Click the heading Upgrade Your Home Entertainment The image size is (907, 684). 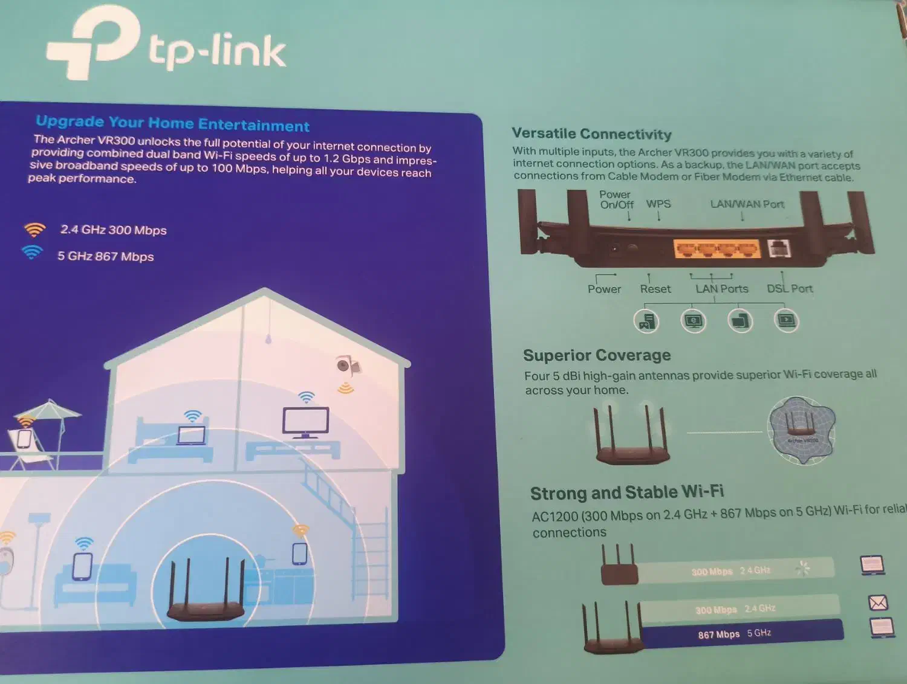point(172,123)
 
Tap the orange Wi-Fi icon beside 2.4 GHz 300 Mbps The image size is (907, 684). point(34,230)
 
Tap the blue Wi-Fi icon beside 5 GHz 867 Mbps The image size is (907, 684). point(32,252)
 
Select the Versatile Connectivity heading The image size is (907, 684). point(591,134)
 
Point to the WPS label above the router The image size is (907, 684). point(658,204)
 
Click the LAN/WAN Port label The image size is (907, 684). point(747,204)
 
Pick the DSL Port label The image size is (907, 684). point(789,289)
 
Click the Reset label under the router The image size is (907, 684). point(655,289)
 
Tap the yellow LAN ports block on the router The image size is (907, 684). point(717,248)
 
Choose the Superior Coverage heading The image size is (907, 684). point(597,355)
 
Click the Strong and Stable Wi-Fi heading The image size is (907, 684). point(627,492)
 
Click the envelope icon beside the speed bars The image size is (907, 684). point(877,602)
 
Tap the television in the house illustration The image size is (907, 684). point(306,422)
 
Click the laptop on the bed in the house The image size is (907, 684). point(191,435)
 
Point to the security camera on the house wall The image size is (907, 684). point(346,366)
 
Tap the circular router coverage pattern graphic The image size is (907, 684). point(801,430)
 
